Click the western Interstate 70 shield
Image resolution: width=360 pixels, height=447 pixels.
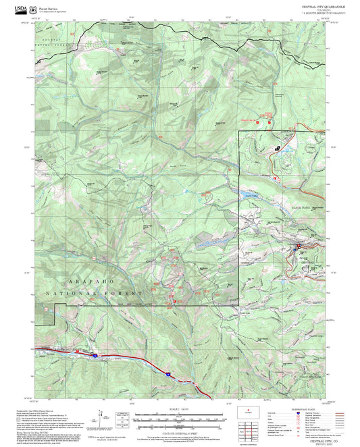click(x=94, y=354)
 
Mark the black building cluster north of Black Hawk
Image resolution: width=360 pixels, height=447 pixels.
click(x=276, y=149)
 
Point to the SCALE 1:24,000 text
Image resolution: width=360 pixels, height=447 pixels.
click(x=180, y=410)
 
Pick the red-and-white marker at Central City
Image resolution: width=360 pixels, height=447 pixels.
click(x=297, y=247)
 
